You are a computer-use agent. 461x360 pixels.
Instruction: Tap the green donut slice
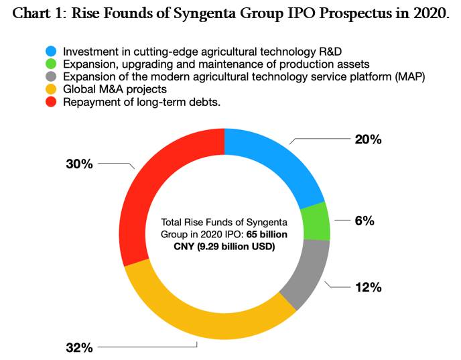(x=316, y=222)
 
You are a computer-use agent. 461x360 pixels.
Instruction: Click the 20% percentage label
(x=368, y=139)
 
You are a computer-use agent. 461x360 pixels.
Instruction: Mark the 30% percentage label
(x=79, y=164)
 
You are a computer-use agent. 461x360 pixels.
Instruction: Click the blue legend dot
(x=52, y=52)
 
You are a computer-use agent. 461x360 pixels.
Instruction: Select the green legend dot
(x=52, y=64)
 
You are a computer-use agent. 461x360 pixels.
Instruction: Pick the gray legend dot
(x=52, y=77)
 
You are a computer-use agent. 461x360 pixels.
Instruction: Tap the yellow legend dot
(x=52, y=89)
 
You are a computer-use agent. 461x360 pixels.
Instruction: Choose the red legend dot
(x=52, y=102)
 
